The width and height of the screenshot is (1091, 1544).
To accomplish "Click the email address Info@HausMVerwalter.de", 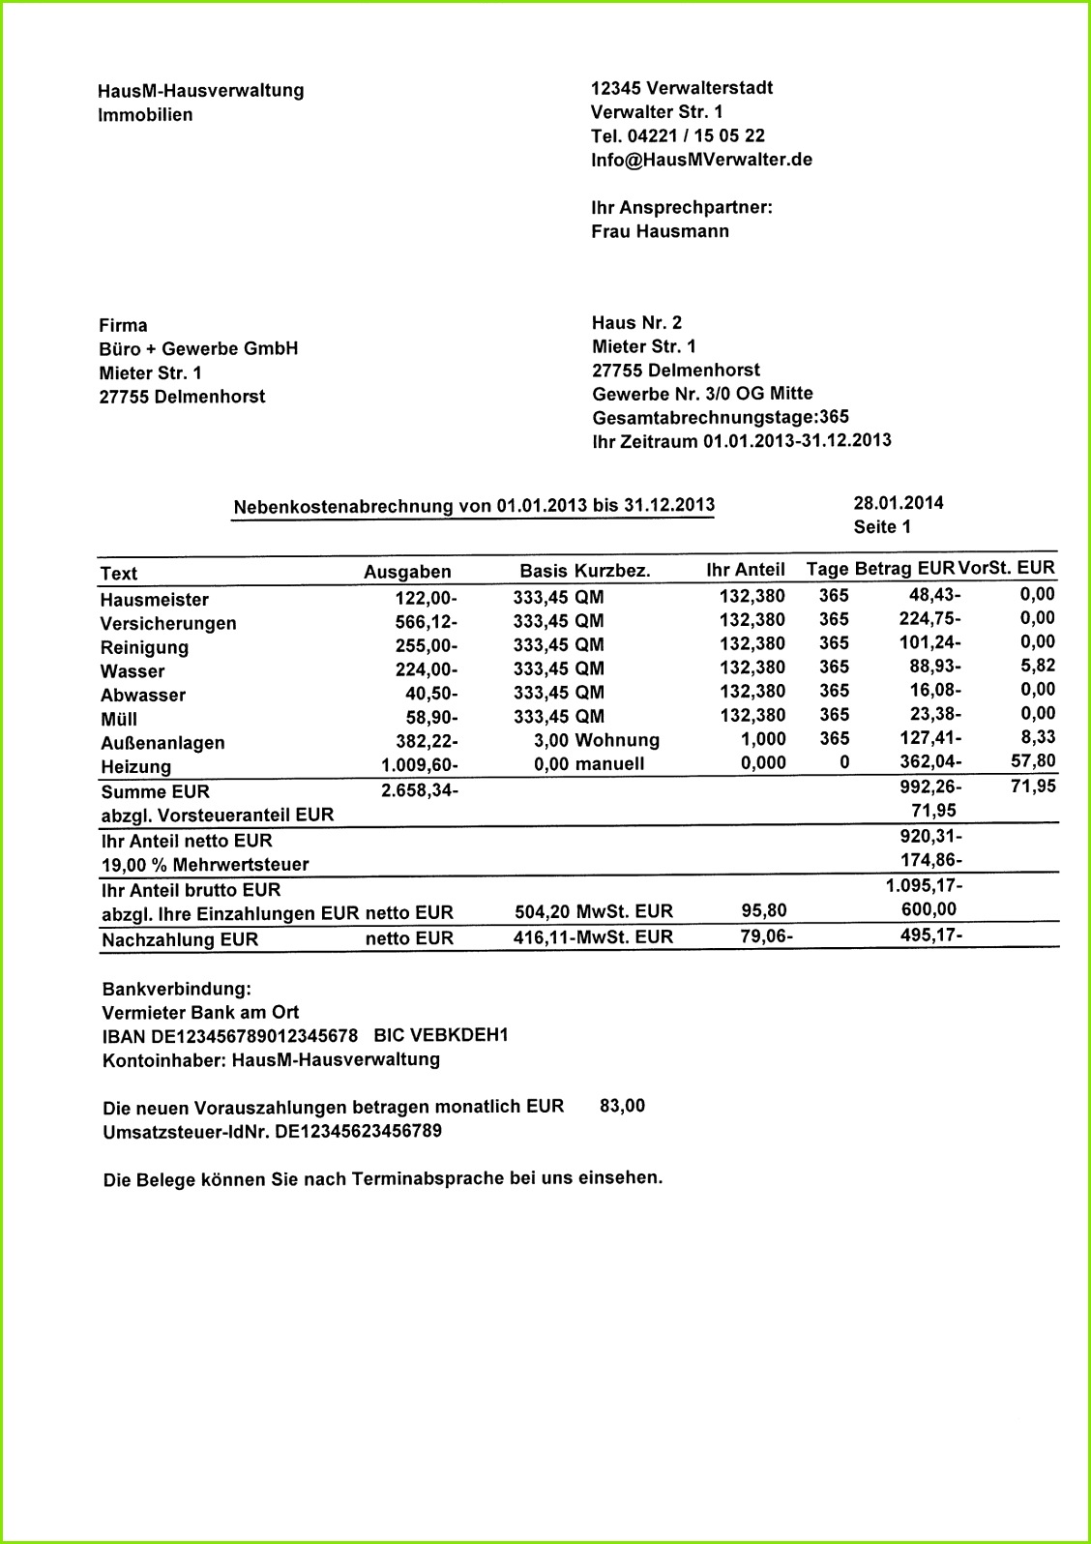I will pyautogui.click(x=701, y=160).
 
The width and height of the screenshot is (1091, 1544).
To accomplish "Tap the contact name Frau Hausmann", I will pyautogui.click(x=660, y=231).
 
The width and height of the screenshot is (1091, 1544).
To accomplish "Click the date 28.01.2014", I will pyautogui.click(x=898, y=502).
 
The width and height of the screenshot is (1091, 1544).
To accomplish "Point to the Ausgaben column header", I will pyautogui.click(x=407, y=572).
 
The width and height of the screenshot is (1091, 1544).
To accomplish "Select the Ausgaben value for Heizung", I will pyautogui.click(x=419, y=765).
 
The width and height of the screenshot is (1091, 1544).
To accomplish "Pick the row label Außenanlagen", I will pyautogui.click(x=162, y=743).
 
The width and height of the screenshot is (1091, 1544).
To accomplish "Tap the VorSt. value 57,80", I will pyautogui.click(x=1032, y=761).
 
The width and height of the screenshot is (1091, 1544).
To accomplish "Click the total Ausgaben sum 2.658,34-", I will pyautogui.click(x=419, y=790).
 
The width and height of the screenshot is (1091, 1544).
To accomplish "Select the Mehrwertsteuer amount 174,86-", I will pyautogui.click(x=930, y=860).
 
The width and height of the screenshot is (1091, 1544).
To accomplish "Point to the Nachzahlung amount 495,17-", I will pyautogui.click(x=930, y=935).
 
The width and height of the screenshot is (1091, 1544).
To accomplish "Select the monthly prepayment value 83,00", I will pyautogui.click(x=622, y=1105).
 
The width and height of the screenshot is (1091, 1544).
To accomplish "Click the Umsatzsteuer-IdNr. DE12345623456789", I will pyautogui.click(x=358, y=1130).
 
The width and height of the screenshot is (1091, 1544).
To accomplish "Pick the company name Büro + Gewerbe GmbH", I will pyautogui.click(x=198, y=349).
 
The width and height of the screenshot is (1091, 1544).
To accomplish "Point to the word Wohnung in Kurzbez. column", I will pyautogui.click(x=616, y=740).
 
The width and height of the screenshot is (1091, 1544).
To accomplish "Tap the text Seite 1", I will pyautogui.click(x=881, y=527).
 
